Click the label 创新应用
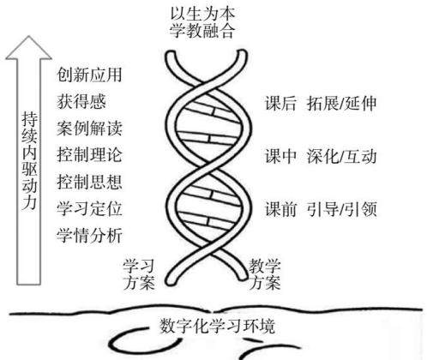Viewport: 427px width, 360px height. pyautogui.click(x=89, y=75)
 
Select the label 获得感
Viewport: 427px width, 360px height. pyautogui.click(x=81, y=101)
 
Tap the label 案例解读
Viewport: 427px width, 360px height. pyautogui.click(x=89, y=129)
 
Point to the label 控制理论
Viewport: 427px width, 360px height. pyautogui.click(x=89, y=155)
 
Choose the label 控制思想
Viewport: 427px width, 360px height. pyautogui.click(x=89, y=182)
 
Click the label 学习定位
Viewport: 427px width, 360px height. pyautogui.click(x=89, y=209)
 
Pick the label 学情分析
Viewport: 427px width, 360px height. pyautogui.click(x=89, y=236)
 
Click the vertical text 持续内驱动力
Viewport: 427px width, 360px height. pyautogui.click(x=29, y=161)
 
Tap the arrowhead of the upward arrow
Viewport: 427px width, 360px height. pyautogui.click(x=28, y=36)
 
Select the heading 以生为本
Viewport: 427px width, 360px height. pyautogui.click(x=202, y=14)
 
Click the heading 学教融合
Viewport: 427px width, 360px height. pyautogui.click(x=202, y=31)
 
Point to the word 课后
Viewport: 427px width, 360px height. pyautogui.click(x=280, y=103)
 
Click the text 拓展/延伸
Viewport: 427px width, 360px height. pyautogui.click(x=342, y=103)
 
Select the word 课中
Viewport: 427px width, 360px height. pyautogui.click(x=280, y=156)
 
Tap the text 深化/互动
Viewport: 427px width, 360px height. pyautogui.click(x=342, y=156)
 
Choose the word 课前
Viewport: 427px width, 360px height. pyautogui.click(x=280, y=209)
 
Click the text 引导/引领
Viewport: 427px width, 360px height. pyautogui.click(x=342, y=209)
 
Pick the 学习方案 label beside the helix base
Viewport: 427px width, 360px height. pyautogui.click(x=139, y=274)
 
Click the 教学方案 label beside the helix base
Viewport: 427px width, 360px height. pyautogui.click(x=265, y=274)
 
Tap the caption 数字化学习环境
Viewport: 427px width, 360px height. pyautogui.click(x=217, y=326)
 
